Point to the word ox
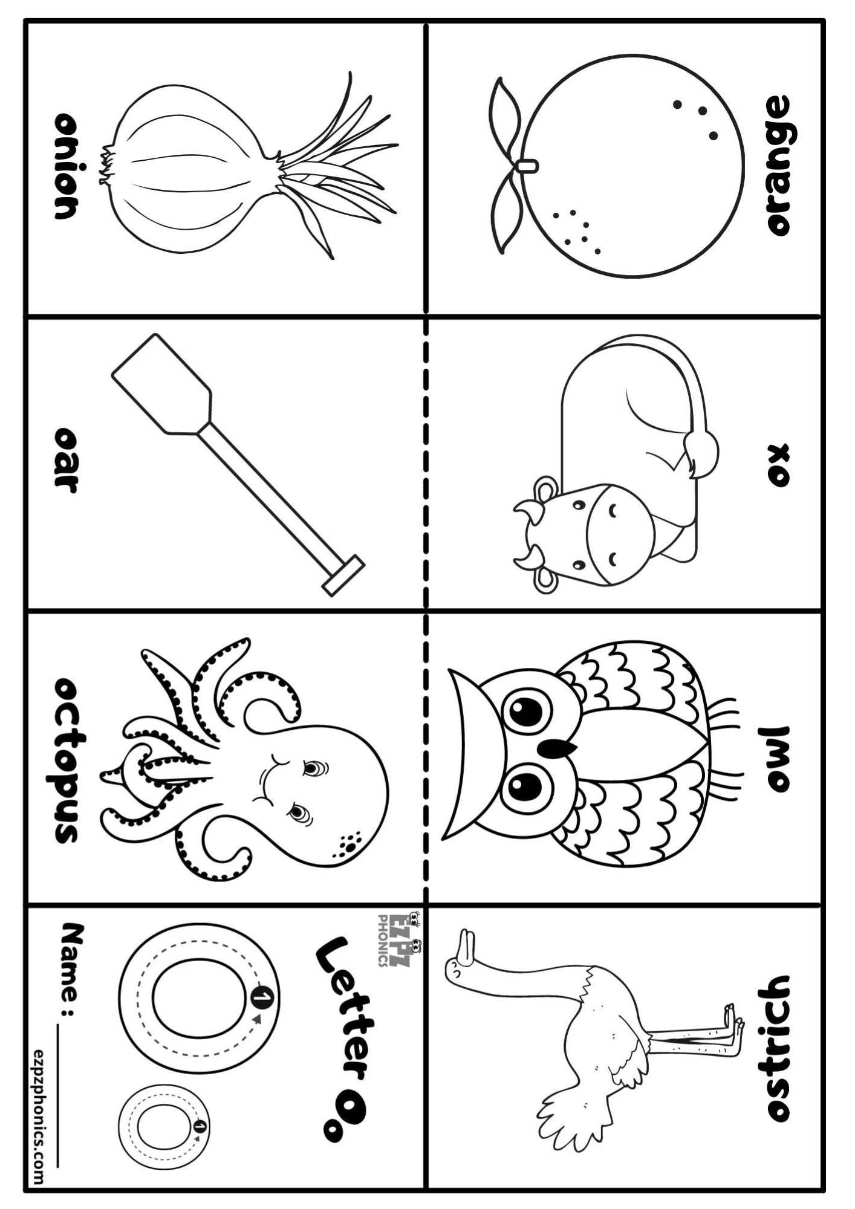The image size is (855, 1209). click(x=779, y=465)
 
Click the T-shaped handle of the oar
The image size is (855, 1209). click(x=343, y=575)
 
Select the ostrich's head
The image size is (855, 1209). click(x=463, y=965)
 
